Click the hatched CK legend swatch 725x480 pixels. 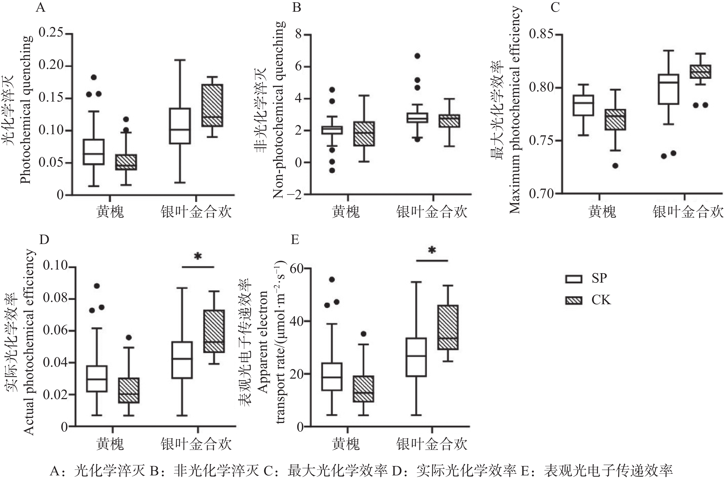click(x=574, y=300)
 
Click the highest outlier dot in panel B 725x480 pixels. click(x=417, y=56)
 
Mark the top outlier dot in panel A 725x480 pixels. click(x=94, y=77)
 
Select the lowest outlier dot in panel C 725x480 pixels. click(x=615, y=166)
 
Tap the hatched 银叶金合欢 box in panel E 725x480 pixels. click(x=448, y=327)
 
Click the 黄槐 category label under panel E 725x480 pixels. click(x=345, y=444)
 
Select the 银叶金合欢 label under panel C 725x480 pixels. click(x=688, y=212)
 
